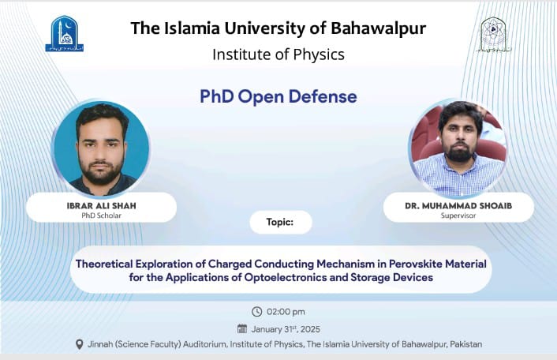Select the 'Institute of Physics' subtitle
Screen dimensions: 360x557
click(x=278, y=54)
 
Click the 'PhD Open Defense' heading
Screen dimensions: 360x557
click(x=278, y=96)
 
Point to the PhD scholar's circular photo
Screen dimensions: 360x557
click(x=101, y=148)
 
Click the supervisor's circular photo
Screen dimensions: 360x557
click(x=458, y=148)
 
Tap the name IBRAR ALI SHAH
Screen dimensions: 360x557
click(x=100, y=206)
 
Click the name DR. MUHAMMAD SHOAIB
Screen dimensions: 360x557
click(x=458, y=206)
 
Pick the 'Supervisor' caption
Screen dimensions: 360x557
click(x=458, y=215)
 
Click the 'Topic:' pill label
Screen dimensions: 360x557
click(x=280, y=223)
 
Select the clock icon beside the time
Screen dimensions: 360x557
click(x=256, y=311)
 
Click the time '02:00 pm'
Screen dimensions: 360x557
click(x=286, y=311)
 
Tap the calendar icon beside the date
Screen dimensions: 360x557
click(x=242, y=328)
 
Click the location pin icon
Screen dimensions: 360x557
click(x=79, y=344)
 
